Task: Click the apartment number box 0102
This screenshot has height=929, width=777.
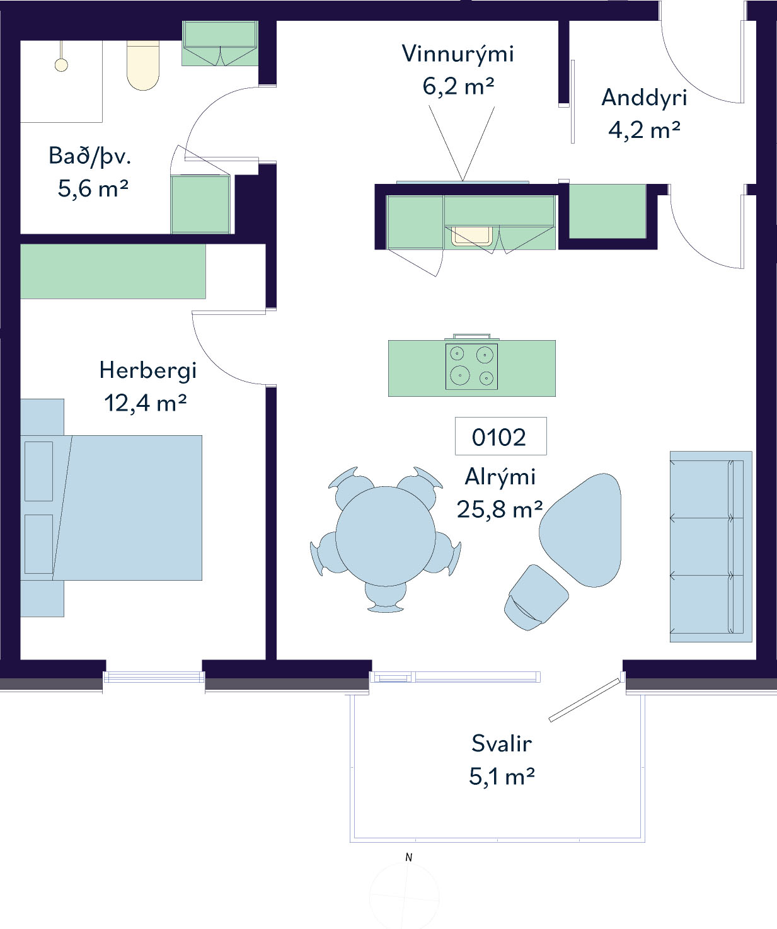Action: (500, 436)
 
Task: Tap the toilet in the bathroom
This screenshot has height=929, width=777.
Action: (143, 66)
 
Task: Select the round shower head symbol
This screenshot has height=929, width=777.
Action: (61, 66)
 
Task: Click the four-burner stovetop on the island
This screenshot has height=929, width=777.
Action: (471, 367)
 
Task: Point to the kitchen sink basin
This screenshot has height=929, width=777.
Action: (472, 236)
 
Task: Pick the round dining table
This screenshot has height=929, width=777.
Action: (386, 536)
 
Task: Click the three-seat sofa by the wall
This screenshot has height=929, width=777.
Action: (711, 547)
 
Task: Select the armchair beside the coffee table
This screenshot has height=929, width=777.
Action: (536, 598)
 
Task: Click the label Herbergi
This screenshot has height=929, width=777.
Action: (148, 370)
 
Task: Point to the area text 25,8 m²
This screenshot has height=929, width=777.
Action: (500, 510)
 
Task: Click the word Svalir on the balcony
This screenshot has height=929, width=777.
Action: (502, 743)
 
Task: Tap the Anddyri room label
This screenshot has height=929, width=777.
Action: (644, 98)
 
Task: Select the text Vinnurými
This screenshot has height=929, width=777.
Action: (458, 54)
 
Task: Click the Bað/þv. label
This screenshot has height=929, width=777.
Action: (90, 156)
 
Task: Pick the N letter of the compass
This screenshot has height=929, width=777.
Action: (409, 857)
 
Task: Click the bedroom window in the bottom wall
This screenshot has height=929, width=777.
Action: (154, 676)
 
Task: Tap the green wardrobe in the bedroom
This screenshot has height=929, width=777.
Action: (113, 271)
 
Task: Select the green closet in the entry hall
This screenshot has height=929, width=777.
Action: (607, 212)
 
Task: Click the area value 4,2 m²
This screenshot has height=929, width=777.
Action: (644, 130)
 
